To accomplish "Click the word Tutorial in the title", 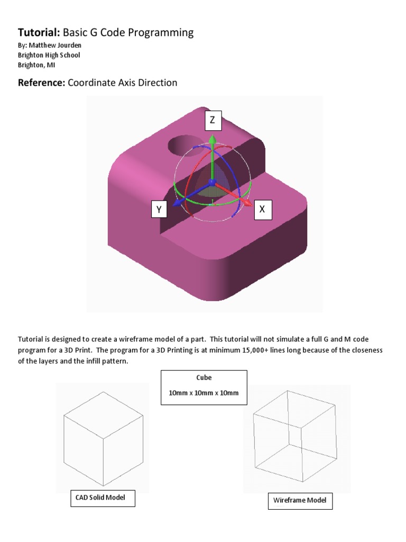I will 39,33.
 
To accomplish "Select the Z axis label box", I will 212,121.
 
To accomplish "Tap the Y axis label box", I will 158,210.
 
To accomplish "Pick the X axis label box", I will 262,210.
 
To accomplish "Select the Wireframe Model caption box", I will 300,500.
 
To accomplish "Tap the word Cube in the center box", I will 204,378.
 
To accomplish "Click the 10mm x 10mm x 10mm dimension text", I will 204,393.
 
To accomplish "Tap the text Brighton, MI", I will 36,65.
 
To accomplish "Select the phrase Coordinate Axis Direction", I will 123,83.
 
